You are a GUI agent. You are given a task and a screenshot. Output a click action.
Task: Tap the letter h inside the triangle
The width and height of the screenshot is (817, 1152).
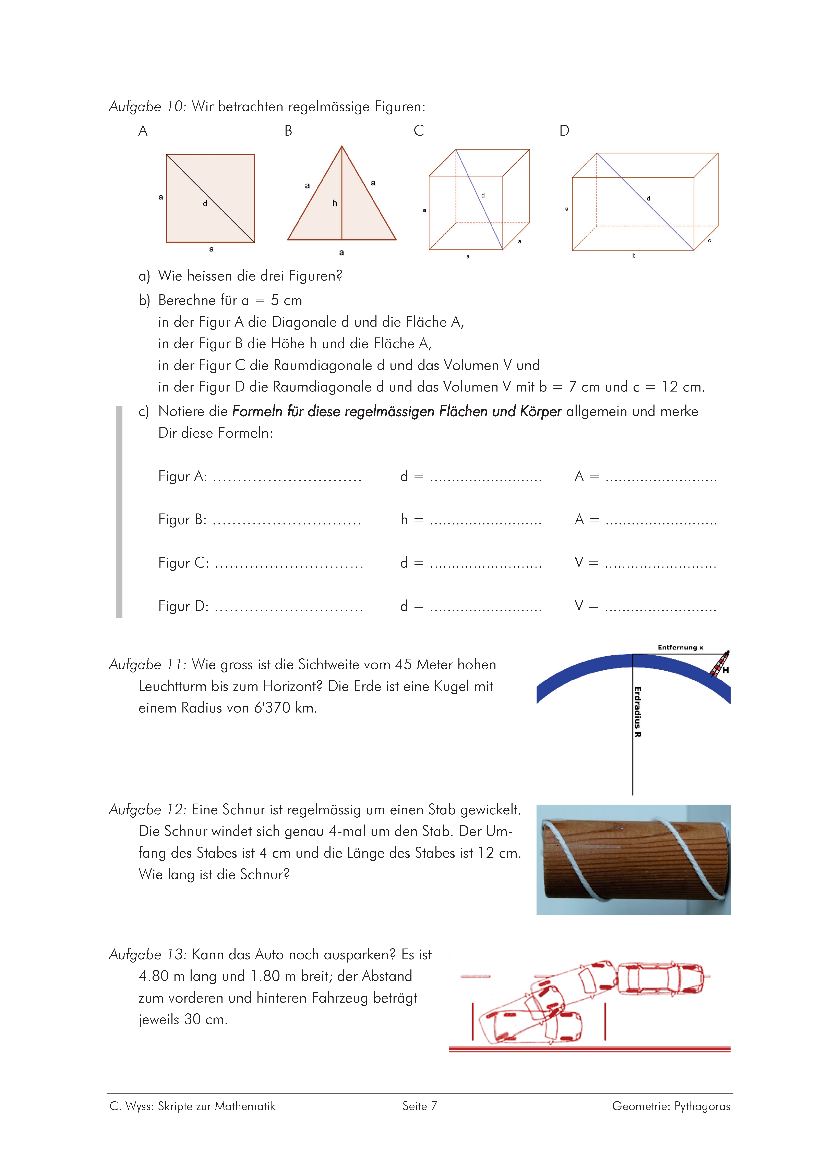(335, 203)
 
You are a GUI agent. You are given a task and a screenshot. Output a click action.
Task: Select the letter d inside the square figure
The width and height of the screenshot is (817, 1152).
(205, 204)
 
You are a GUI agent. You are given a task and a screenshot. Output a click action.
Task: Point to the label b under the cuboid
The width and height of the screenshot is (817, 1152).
(634, 256)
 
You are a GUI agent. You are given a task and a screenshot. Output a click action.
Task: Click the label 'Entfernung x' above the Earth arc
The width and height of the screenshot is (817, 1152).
(680, 647)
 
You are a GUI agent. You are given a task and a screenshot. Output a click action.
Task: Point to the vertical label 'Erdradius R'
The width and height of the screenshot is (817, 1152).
(638, 711)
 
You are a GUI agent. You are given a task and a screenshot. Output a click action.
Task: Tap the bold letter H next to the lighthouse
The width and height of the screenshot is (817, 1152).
(726, 670)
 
